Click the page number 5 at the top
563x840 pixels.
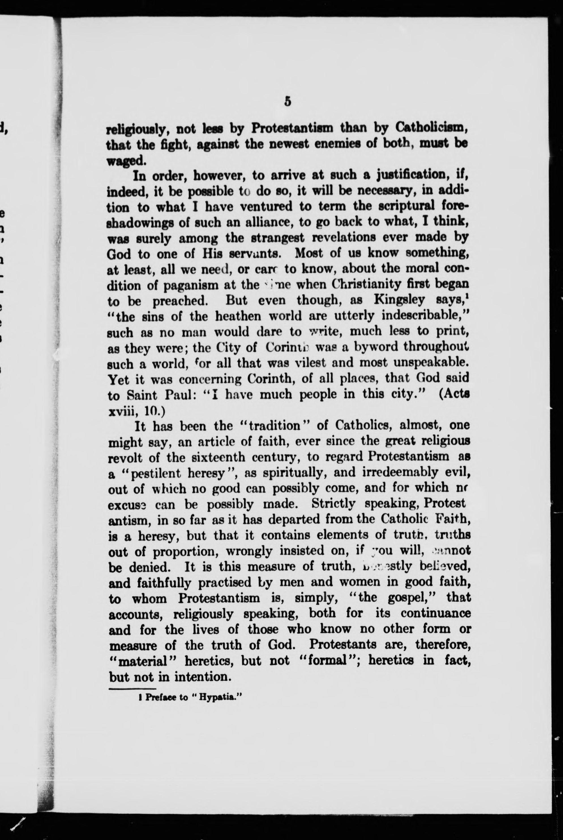click(x=287, y=102)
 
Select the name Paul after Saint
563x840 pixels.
click(x=176, y=395)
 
